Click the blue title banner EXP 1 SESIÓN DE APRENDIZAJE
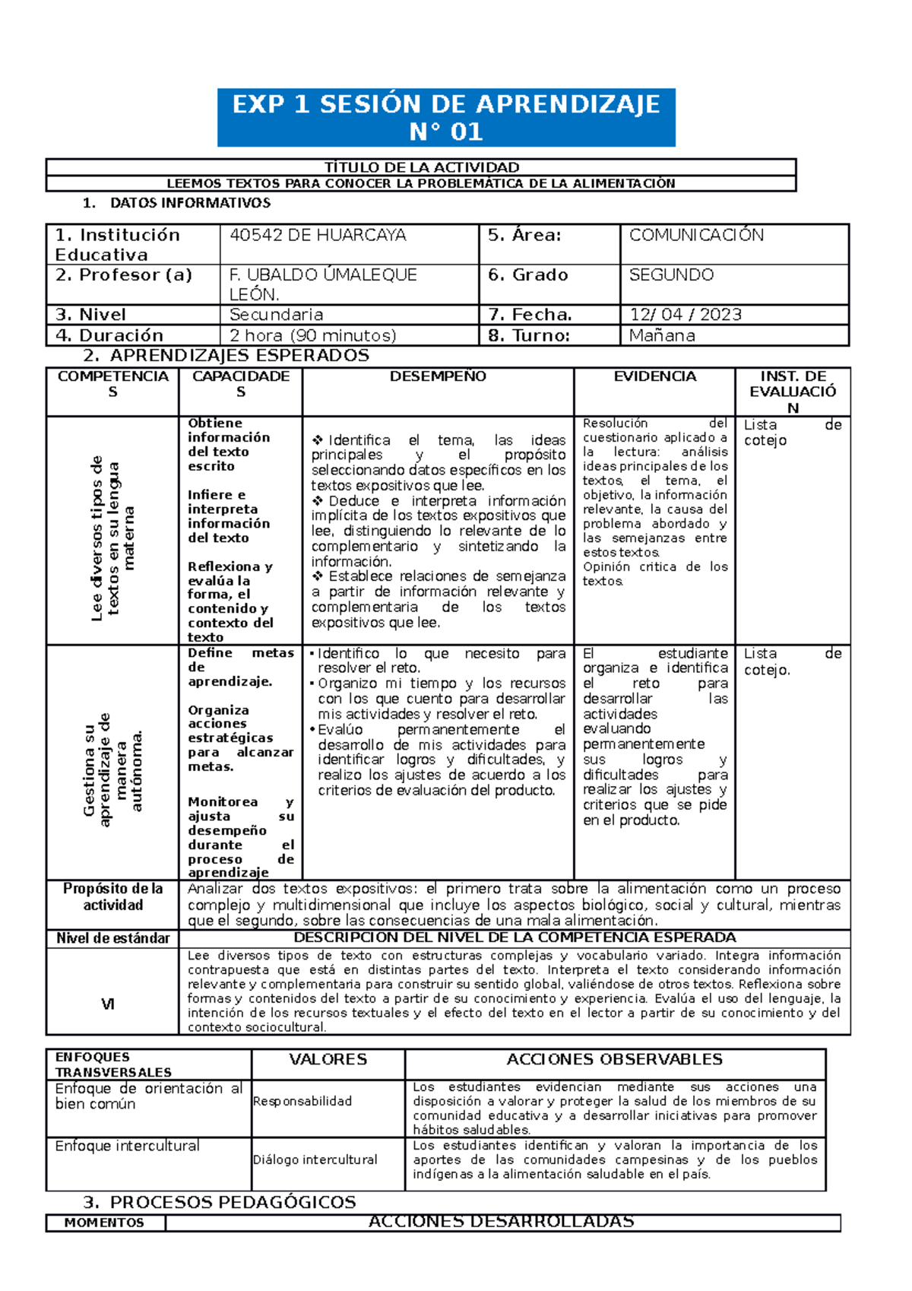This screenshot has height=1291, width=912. point(446,117)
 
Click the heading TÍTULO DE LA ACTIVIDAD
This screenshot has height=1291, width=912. point(422,167)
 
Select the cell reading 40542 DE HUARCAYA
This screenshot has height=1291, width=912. point(318,236)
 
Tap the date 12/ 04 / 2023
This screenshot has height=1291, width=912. point(685,315)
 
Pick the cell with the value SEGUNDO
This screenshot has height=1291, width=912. point(671,275)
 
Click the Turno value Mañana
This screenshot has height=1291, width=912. point(662,335)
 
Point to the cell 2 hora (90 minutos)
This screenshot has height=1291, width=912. point(312,335)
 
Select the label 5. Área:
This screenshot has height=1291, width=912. point(524,236)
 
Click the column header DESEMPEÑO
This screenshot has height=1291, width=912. point(438,376)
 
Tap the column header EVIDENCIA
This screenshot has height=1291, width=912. point(654,376)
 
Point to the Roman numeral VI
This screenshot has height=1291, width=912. point(108,1004)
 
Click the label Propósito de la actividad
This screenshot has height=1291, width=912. point(112,897)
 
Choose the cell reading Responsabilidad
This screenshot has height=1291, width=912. point(302,1101)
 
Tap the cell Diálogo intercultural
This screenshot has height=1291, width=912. point(315,1159)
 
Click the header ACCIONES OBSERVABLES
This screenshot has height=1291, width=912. point(614,1059)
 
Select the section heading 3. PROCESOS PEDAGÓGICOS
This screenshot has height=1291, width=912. point(220,1202)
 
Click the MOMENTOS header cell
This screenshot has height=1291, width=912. point(104,1223)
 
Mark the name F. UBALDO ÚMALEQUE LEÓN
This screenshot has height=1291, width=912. point(323,284)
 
